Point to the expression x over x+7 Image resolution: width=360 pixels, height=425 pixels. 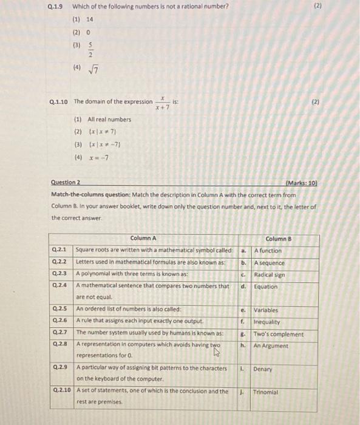click(x=162, y=102)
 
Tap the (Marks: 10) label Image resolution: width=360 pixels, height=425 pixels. click(x=301, y=182)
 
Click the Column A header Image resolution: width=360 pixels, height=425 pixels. click(x=143, y=239)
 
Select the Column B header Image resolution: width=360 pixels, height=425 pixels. click(x=279, y=239)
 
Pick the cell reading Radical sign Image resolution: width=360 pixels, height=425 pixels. click(x=270, y=274)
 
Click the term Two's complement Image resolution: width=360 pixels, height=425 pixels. click(x=279, y=334)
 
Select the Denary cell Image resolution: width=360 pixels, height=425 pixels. click(x=263, y=369)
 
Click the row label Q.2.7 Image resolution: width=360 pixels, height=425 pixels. click(x=59, y=333)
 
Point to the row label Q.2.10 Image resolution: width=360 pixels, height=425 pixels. click(x=61, y=391)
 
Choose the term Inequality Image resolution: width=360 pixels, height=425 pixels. click(x=267, y=322)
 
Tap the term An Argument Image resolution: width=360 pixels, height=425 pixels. click(x=271, y=345)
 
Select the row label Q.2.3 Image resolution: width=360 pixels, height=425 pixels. click(x=59, y=274)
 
